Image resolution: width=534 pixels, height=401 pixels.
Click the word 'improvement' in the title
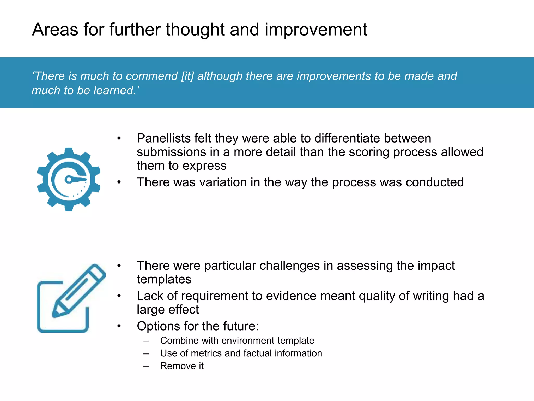pyautogui.click(x=316, y=30)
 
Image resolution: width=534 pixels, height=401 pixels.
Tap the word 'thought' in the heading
pyautogui.click(x=195, y=30)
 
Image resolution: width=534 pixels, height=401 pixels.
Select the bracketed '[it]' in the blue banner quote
pyautogui.click(x=187, y=76)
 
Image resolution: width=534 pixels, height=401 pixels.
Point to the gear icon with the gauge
pyautogui.click(x=69, y=179)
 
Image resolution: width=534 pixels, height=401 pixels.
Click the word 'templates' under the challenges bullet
pyautogui.click(x=164, y=279)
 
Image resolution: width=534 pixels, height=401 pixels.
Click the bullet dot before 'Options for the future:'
pyautogui.click(x=119, y=326)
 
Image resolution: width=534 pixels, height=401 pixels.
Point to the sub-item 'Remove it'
pyautogui.click(x=182, y=366)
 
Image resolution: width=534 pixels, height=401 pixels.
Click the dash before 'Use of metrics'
pyautogui.click(x=146, y=354)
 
